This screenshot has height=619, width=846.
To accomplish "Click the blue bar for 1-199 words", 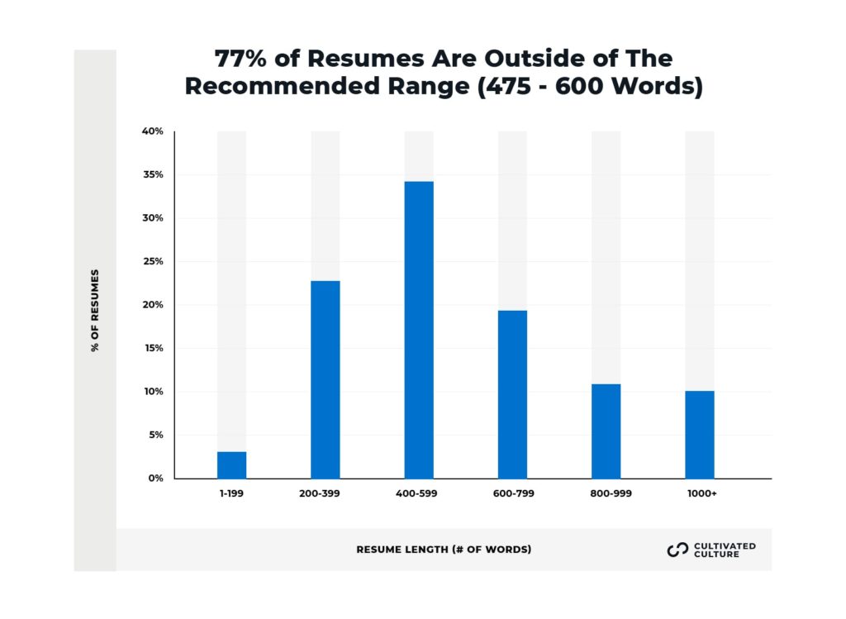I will pos(231,464).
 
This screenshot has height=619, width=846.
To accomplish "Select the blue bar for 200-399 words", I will pos(326,379).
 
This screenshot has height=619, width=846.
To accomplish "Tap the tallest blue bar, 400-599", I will pos(419,330).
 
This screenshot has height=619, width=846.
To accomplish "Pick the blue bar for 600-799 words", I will pos(512,394).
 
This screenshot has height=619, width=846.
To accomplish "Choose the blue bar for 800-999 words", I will pos(606,431).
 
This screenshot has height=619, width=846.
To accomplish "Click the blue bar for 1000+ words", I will pos(700,434).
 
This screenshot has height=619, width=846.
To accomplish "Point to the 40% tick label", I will pos(154,131).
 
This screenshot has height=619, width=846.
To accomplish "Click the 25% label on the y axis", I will pos(154,261).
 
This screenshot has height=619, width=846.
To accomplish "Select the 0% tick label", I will pos(156,478).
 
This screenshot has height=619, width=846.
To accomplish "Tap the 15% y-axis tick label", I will pos(154,348).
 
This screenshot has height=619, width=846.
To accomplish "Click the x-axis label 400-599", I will pos(419,494).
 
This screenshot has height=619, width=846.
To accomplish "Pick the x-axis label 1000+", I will pos(700,494).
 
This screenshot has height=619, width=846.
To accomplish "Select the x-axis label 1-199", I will pos(231,494).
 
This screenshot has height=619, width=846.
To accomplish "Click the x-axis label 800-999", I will pos(606,494).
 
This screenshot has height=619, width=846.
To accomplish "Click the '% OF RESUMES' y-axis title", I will pos(95,310).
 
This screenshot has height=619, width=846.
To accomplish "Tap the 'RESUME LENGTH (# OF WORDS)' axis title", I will pos(444,550).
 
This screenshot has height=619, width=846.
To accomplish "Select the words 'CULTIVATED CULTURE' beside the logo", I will pos(725,550).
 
